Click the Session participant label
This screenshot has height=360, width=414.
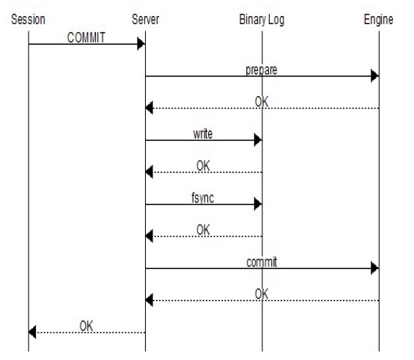coord(28,20)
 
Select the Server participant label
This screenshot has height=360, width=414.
coord(146,20)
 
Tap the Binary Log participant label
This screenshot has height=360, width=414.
coord(262,20)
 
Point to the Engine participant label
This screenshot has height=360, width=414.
coord(378,20)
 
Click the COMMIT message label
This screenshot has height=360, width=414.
coord(86,37)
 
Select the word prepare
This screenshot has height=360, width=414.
coord(262,70)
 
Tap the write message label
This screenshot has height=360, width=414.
coord(203,134)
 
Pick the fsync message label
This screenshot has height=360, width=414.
coord(203,198)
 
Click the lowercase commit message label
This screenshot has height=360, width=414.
coord(262,262)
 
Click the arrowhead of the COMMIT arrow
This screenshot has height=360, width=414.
coord(141,44)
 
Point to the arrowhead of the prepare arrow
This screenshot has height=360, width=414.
coord(375,76)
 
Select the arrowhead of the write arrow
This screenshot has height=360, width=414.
coord(258,140)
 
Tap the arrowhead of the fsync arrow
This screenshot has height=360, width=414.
coord(258,204)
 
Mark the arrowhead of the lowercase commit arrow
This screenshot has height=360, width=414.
coord(375,268)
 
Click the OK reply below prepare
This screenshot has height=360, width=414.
coord(262,102)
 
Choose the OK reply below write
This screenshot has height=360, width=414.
coord(203,166)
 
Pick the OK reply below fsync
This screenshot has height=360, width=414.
coord(203,229)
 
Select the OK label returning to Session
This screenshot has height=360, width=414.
coord(86,326)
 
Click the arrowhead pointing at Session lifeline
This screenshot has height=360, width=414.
coord(32,332)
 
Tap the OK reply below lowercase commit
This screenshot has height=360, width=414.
coord(262,294)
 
